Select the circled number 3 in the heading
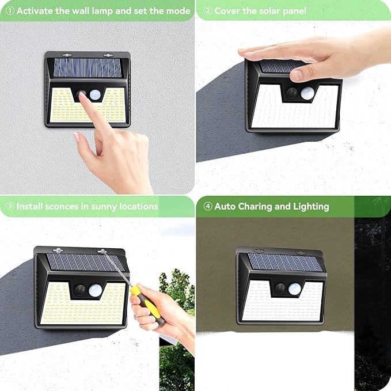(x=9, y=206)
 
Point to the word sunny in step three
(x=105, y=206)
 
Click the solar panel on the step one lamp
(x=88, y=68)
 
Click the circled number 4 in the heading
(x=207, y=206)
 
